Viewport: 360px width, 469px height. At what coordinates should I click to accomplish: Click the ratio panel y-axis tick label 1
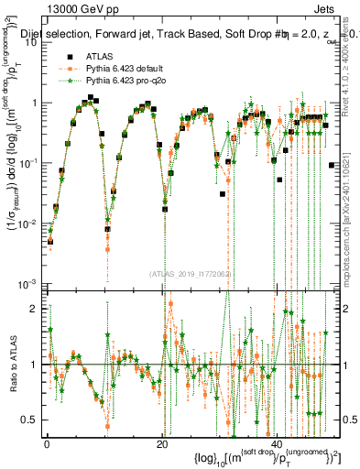(35, 365)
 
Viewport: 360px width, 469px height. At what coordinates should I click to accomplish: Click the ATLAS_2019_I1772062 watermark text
(190, 273)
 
